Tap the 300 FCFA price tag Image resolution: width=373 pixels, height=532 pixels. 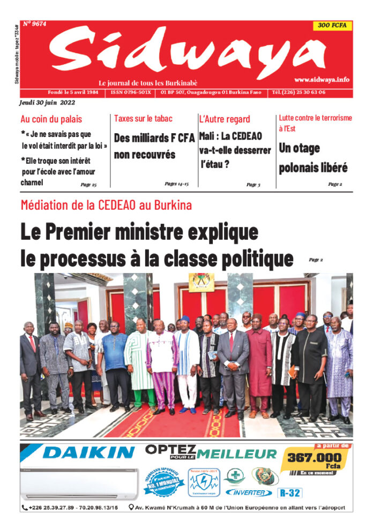[333, 25]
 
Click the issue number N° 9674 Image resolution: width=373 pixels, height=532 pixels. [35, 24]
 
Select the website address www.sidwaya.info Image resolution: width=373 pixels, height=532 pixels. [322, 79]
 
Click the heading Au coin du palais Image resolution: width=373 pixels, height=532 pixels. [51, 119]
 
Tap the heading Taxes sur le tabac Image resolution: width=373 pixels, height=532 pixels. [143, 118]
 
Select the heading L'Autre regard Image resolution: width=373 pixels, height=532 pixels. [225, 119]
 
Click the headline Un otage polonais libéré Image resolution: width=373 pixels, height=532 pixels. [313, 158]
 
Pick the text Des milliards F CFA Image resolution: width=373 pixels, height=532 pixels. [154, 138]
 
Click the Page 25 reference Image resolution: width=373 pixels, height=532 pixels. [88, 185]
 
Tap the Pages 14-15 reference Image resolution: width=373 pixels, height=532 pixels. [177, 184]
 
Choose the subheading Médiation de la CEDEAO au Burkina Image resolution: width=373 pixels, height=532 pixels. [106, 205]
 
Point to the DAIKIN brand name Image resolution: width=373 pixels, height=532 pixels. [89, 453]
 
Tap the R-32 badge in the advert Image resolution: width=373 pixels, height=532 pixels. [291, 492]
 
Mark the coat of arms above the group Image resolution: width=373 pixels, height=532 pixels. [201, 282]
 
